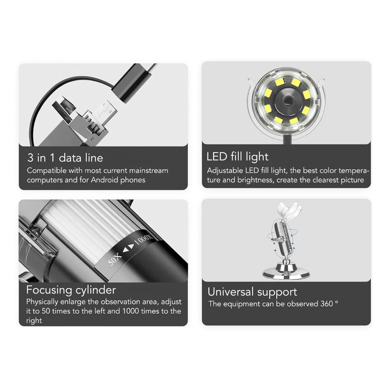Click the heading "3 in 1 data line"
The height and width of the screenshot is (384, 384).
click(65, 158)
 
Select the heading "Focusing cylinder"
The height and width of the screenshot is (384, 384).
click(71, 290)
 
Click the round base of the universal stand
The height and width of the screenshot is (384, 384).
click(286, 272)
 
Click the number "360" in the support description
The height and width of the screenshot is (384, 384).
click(327, 304)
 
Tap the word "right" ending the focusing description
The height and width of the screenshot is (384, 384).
click(34, 321)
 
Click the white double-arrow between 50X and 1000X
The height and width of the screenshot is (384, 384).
click(129, 248)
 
